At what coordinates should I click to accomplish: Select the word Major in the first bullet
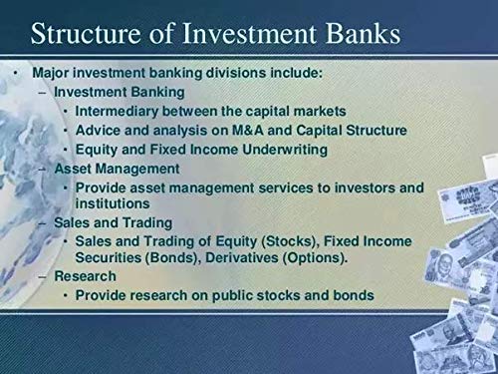[52, 74]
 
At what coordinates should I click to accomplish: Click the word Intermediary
[123, 111]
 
